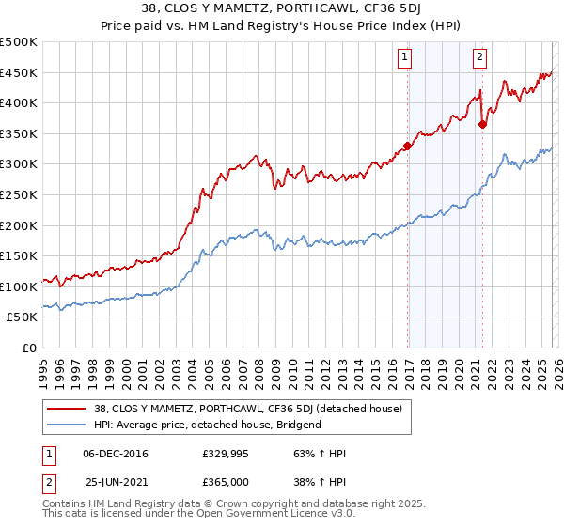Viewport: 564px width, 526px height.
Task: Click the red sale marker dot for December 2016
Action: (x=407, y=146)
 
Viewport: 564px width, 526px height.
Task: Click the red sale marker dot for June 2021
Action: (x=482, y=124)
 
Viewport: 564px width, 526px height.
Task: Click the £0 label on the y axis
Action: (x=28, y=348)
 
